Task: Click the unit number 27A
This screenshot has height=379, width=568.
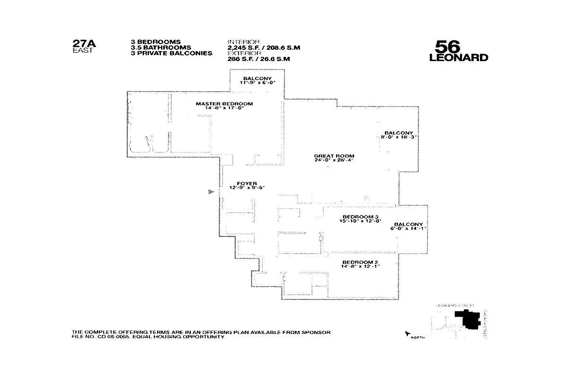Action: pos(84,44)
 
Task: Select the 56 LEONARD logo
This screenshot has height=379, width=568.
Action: pos(458,51)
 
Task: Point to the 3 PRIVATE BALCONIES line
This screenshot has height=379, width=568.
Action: pos(171,53)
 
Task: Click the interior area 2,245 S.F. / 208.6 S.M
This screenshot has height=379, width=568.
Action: pos(264,47)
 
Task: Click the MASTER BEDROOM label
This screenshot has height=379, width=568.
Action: pos(224,103)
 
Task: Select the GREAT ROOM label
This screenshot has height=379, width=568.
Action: pos(334,156)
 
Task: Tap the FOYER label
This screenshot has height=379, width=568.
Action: pos(247,183)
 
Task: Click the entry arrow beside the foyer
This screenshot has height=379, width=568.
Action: pos(211,191)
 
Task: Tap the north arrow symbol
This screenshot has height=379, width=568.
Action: pos(407,334)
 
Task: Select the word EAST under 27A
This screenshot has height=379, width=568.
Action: pos(82,51)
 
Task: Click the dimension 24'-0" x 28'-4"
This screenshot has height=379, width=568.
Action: pos(334,160)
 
